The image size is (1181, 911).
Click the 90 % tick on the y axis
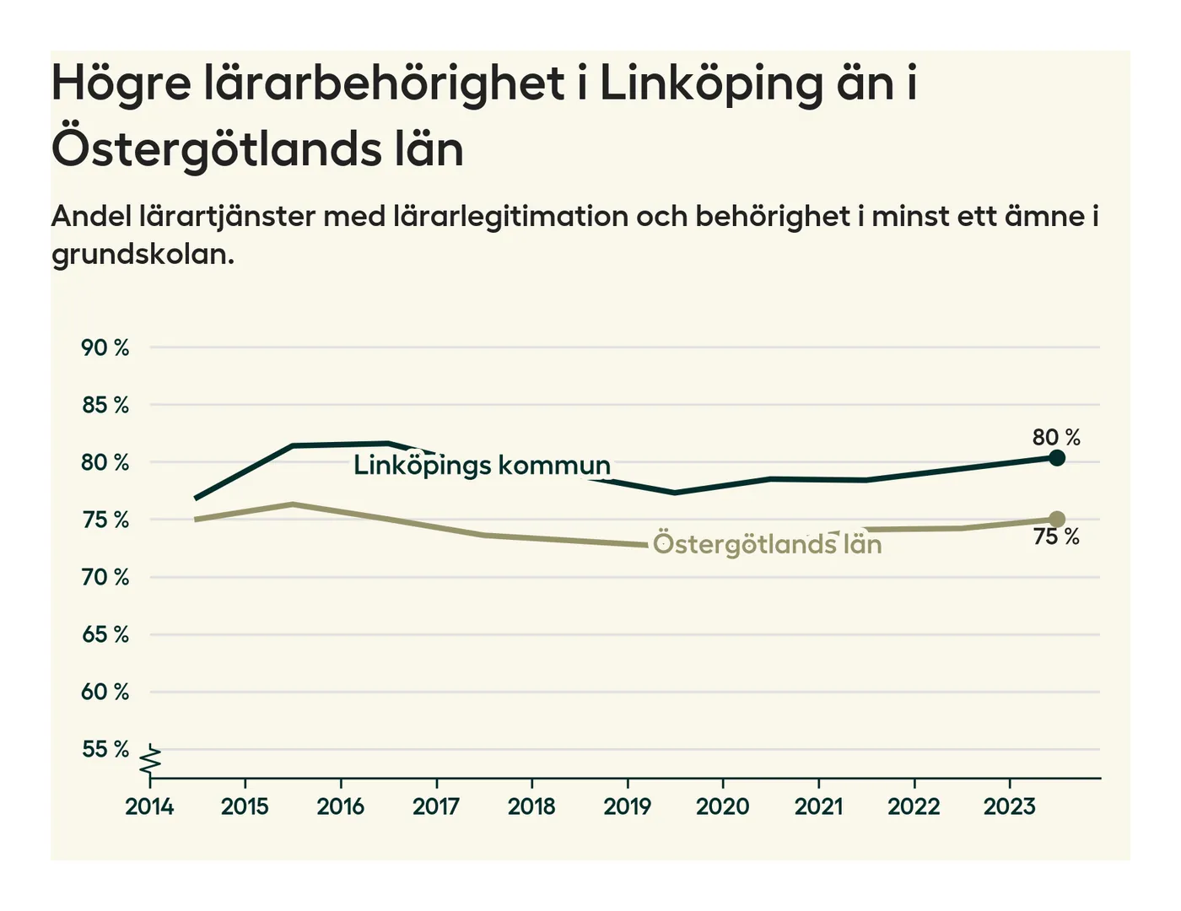pos(105,348)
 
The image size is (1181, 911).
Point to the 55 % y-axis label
pos(105,749)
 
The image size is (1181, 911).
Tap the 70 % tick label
pos(105,577)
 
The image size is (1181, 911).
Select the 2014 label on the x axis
pos(149,806)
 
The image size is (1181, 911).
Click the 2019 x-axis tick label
pos(627,806)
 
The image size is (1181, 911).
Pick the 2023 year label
pos(1009,806)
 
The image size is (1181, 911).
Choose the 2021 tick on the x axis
pos(818,806)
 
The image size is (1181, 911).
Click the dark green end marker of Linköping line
pos(1057,458)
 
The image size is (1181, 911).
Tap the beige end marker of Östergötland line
pos(1057,519)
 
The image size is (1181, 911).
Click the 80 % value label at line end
pos(1056,437)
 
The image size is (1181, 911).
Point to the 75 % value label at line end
pos(1056,537)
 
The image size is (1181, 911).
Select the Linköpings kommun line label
pos(482,465)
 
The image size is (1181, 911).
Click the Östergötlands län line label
pos(767,544)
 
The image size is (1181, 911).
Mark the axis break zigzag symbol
pos(150,760)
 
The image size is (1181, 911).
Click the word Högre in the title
pos(121,84)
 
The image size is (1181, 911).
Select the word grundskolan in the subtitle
pos(142,254)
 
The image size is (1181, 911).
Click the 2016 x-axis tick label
pos(340,806)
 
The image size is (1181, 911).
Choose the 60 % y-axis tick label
pos(105,692)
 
